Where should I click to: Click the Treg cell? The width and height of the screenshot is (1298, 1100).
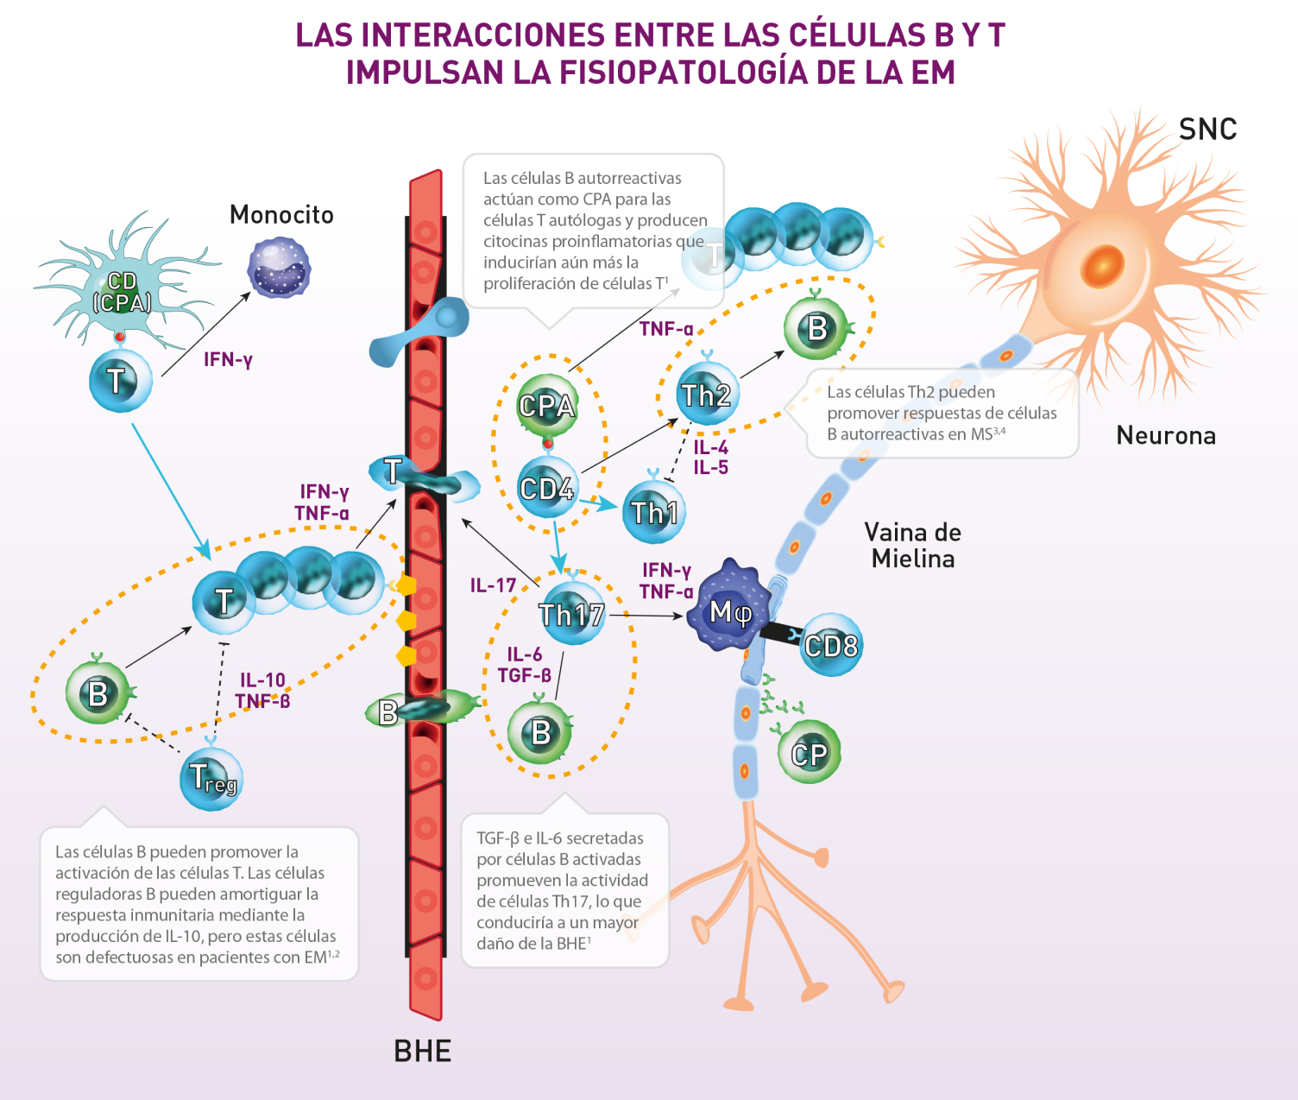tap(211, 778)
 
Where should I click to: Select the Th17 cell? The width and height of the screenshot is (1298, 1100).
tap(571, 614)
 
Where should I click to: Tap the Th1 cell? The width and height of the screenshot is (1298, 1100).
tap(654, 512)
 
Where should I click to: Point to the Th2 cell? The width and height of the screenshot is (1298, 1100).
tap(707, 395)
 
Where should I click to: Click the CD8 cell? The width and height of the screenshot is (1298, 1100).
tap(830, 645)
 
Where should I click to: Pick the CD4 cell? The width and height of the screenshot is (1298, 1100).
tap(546, 489)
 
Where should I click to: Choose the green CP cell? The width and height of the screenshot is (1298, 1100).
tap(809, 754)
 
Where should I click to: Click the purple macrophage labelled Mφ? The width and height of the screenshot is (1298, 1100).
tap(730, 611)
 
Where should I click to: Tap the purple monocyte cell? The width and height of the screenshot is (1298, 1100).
tap(279, 268)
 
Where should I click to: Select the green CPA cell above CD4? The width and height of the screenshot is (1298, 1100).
tap(546, 405)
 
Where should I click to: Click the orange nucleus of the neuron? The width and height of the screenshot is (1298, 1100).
tap(1104, 262)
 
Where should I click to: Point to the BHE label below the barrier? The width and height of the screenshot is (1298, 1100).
tap(422, 1051)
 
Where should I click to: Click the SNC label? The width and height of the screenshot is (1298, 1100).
tap(1207, 130)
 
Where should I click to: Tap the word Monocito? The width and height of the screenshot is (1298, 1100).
tap(281, 214)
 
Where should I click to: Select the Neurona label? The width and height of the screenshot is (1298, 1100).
tap(1166, 435)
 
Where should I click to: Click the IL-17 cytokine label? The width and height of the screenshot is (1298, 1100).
tap(493, 585)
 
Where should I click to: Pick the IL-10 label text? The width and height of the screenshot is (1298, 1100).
tap(262, 680)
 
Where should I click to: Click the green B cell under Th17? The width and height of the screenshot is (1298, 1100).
tap(540, 731)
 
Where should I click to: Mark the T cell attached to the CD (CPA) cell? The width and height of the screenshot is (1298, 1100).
tap(120, 380)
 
